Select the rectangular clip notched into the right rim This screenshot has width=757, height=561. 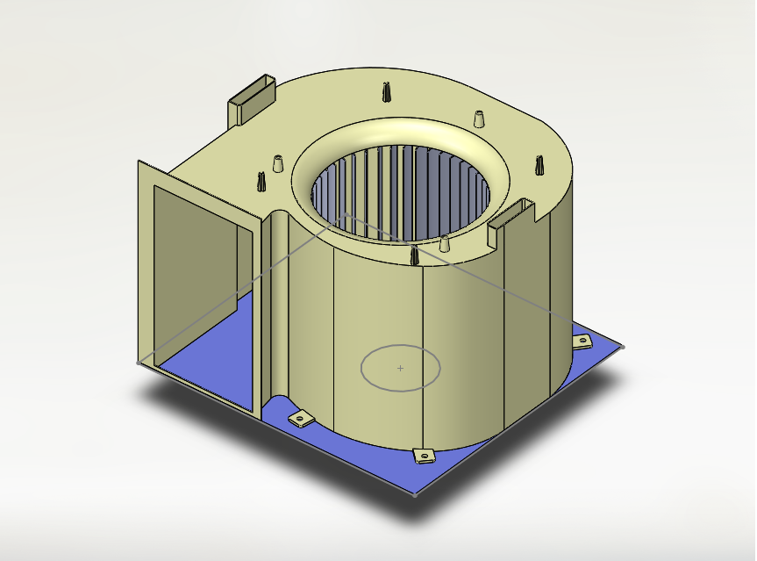(511, 216)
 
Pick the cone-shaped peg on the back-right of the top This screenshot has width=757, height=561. (479, 119)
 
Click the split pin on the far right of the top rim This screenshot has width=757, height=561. (539, 165)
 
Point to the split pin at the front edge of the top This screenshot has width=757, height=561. (413, 256)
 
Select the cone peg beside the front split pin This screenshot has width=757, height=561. (445, 244)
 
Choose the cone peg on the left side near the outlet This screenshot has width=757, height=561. (278, 164)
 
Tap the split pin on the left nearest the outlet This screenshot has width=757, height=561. (261, 182)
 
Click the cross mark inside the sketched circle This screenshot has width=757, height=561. (401, 368)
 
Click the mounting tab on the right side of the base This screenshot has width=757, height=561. (582, 341)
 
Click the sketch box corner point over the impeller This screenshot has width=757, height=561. (345, 213)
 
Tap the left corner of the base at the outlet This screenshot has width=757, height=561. (139, 362)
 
